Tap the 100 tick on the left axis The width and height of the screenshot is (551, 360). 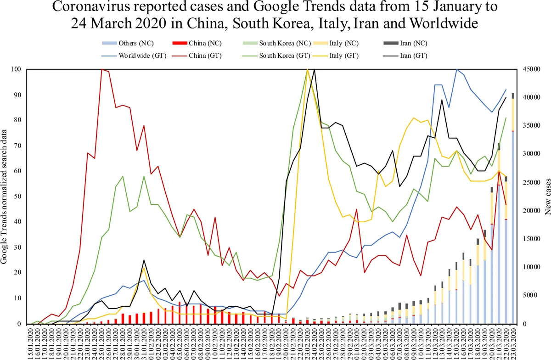pyautogui.click(x=16, y=69)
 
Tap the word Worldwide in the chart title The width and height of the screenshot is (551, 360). pyautogui.click(x=442, y=23)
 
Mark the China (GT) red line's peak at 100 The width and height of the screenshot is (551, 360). pyautogui.click(x=101, y=69)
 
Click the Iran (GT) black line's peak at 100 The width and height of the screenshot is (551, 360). pyautogui.click(x=315, y=70)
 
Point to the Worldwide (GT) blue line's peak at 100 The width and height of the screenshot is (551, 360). pyautogui.click(x=456, y=70)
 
